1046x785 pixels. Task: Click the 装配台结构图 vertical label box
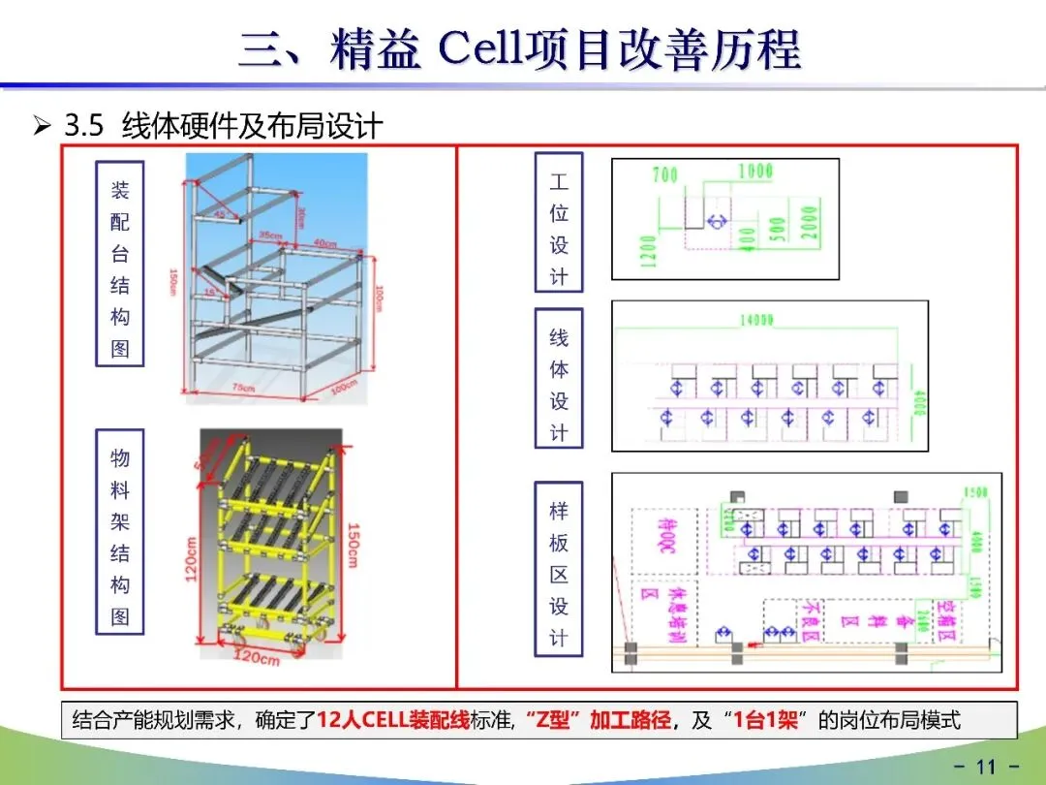coord(120,264)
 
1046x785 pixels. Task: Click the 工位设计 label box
coord(559,223)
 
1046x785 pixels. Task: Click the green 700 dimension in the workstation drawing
coord(665,175)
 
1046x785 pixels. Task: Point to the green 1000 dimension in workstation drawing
coord(755,172)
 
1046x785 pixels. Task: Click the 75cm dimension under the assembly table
coord(243,389)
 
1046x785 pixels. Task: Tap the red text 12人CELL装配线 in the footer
coord(393,720)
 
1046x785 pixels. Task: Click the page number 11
coord(986,767)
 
